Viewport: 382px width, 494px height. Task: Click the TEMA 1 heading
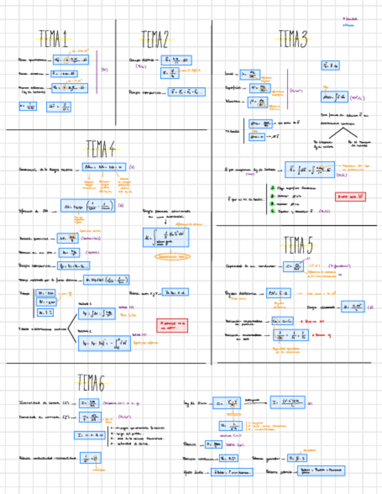click(x=53, y=39)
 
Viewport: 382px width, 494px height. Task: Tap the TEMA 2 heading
click(x=155, y=40)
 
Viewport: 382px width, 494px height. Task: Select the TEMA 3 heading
click(x=292, y=39)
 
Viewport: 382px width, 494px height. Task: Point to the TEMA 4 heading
click(x=100, y=149)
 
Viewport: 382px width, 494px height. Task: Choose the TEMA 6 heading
click(x=91, y=383)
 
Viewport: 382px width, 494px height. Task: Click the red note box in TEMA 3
click(x=351, y=197)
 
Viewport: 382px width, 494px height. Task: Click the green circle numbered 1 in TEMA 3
click(x=272, y=188)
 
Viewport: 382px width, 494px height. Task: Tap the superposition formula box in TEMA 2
click(x=188, y=91)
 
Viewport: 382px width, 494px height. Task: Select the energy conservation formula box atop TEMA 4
click(x=104, y=167)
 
